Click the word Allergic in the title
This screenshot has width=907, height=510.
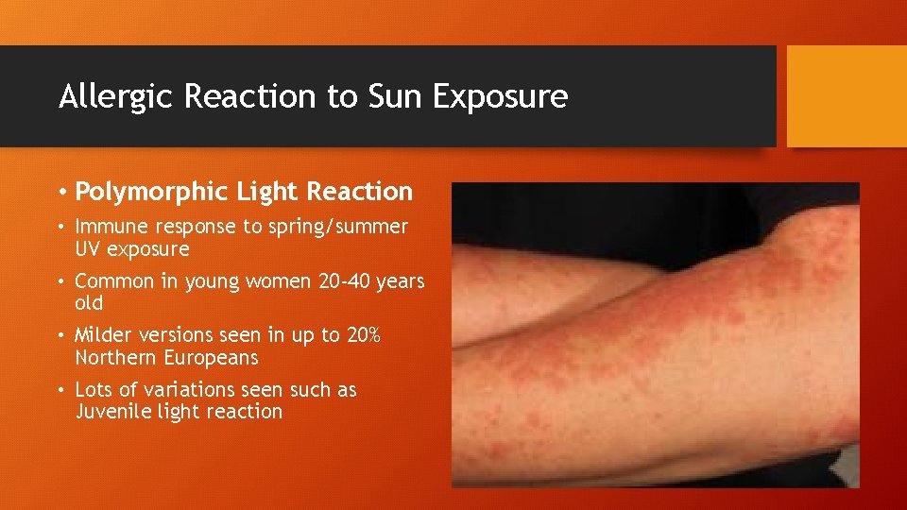[108, 97]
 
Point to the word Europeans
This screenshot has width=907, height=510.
[210, 358]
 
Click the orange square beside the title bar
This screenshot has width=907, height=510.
[847, 97]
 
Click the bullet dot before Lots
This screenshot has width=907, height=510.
[61, 390]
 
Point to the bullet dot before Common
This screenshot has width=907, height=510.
[61, 281]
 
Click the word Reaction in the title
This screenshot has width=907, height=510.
[248, 97]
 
